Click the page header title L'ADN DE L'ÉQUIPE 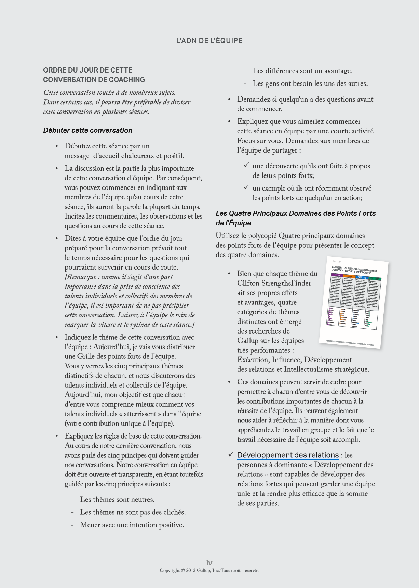209,41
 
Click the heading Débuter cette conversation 87,130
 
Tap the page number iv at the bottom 209,563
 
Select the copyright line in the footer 209,570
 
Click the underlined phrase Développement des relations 288,455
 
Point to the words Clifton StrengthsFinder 274,283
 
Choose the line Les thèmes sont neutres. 117,500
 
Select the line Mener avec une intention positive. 132,525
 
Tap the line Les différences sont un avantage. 302,71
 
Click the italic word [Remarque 81,277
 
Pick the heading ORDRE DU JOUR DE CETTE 87,70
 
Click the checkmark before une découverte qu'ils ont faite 246,166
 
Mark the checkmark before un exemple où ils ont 246,187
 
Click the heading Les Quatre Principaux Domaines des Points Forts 296,213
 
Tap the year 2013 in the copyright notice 191,570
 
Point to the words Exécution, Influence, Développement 294,360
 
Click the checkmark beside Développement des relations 231,455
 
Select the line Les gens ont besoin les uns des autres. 310,84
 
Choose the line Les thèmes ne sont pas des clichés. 133,512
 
